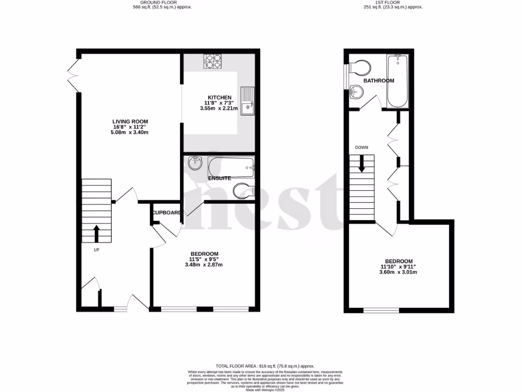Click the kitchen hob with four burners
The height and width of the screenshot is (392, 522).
(x=212, y=61)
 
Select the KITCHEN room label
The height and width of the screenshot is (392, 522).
(x=219, y=97)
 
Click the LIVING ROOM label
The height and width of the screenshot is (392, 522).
(x=130, y=121)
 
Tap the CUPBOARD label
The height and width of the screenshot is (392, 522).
(x=166, y=212)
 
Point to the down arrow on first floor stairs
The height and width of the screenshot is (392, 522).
(x=362, y=164)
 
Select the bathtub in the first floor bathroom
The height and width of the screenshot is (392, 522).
(x=398, y=82)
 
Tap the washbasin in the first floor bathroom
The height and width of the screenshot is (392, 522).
(x=357, y=92)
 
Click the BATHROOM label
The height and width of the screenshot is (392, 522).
(x=378, y=81)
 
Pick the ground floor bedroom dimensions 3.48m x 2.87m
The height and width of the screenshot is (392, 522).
(x=204, y=264)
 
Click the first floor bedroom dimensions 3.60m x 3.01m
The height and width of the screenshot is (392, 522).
(x=398, y=272)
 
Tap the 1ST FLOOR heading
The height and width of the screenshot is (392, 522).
(x=392, y=3)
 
